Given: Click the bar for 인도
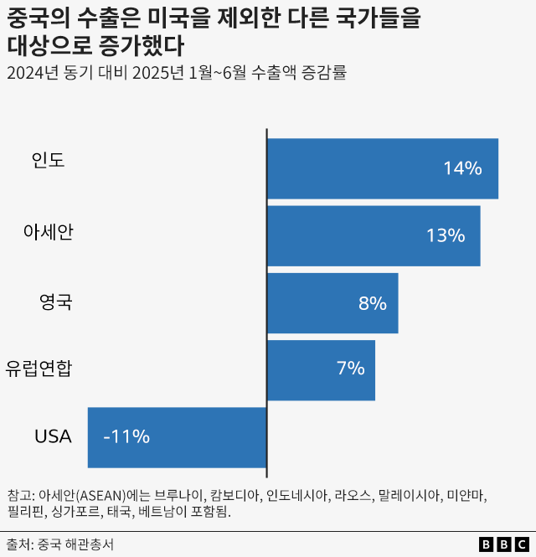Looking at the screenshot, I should (382, 168).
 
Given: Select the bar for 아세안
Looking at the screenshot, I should (373, 235).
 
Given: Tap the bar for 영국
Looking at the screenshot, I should (332, 302).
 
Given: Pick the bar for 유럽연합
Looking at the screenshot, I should (320, 369).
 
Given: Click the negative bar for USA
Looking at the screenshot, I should (177, 436).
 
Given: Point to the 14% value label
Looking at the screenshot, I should (462, 168).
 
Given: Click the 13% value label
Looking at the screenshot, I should (445, 235).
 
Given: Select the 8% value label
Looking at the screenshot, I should (372, 302).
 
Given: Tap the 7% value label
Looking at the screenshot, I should (350, 369).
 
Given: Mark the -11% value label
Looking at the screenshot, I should (126, 436).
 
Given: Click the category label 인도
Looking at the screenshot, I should (48, 160).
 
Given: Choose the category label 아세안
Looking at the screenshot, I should (48, 232).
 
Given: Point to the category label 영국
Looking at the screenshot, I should (56, 301).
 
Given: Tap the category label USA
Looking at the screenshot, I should (53, 436).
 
